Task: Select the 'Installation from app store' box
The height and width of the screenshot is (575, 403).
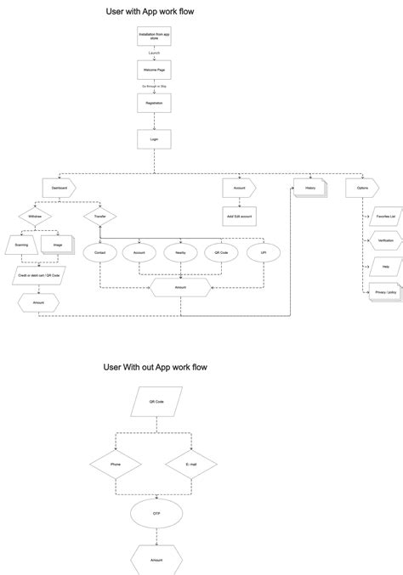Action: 154,37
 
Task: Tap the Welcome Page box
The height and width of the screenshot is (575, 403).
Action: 154,70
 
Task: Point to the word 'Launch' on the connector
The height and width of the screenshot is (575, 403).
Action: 154,54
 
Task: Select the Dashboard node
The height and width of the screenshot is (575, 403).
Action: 60,186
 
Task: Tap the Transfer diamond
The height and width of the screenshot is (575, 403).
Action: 99,217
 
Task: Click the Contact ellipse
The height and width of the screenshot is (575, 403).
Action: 99,252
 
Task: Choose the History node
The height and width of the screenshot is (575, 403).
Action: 310,187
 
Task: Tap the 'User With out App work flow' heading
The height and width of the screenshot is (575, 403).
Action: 156,367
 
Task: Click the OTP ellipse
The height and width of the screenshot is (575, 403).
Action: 155,512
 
